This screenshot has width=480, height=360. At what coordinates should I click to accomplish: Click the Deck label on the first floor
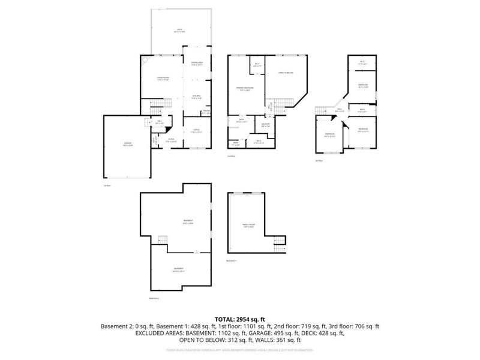click(179, 31)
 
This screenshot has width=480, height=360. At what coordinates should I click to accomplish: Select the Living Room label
click(161, 78)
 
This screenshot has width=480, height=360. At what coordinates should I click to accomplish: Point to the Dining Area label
click(197, 64)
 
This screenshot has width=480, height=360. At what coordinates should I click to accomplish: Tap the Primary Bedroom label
click(244, 89)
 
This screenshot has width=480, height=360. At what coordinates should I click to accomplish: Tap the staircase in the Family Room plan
click(278, 244)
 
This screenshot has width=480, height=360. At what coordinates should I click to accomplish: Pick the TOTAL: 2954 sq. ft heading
click(240, 319)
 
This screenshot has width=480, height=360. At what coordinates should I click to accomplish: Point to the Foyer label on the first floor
click(171, 142)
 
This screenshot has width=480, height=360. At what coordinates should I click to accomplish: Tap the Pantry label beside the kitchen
click(206, 112)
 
